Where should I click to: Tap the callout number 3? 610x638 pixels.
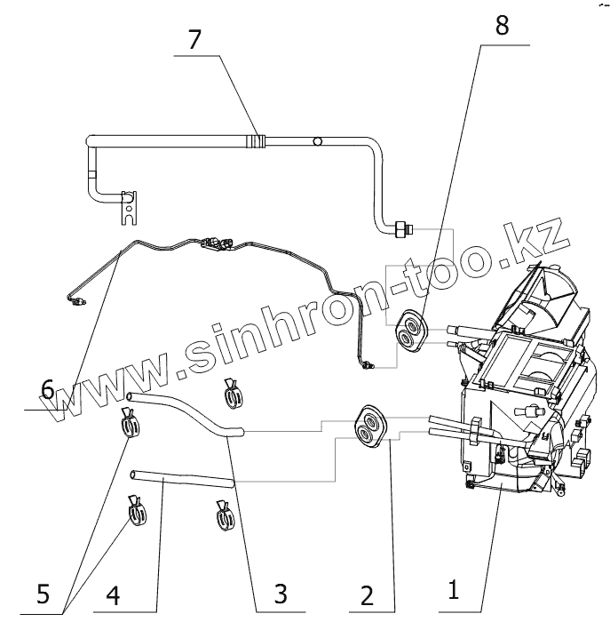pyautogui.click(x=280, y=593)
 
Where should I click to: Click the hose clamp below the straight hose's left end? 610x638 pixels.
pyautogui.click(x=137, y=513)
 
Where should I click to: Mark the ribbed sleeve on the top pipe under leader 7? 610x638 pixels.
pyautogui.click(x=257, y=140)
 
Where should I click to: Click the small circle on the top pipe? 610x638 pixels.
pyautogui.click(x=317, y=140)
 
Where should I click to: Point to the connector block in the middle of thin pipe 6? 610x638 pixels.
pyautogui.click(x=218, y=241)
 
